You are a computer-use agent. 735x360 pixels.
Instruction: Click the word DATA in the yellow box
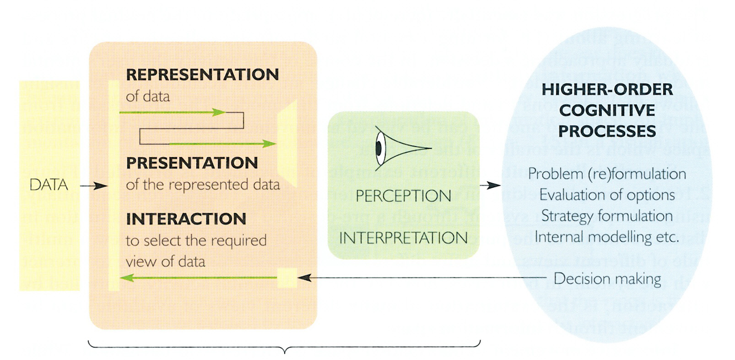49,185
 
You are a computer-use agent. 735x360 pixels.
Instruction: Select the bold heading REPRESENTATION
202,75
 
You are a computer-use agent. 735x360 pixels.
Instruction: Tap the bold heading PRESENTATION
192,163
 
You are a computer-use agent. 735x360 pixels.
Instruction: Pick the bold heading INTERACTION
186,218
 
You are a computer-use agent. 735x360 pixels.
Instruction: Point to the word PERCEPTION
403,196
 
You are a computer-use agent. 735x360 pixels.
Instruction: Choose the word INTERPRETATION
403,237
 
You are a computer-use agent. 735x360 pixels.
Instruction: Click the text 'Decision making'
607,278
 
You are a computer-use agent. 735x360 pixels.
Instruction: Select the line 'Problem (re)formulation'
607,174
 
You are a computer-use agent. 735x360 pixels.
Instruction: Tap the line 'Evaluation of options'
606,194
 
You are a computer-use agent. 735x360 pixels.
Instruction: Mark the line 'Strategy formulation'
607,215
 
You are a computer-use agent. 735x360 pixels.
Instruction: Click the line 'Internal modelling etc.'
606,236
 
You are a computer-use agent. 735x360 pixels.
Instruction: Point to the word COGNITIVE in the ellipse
607,110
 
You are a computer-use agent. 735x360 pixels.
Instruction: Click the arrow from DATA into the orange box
93,186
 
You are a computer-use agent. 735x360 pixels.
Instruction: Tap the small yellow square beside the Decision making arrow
287,278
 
